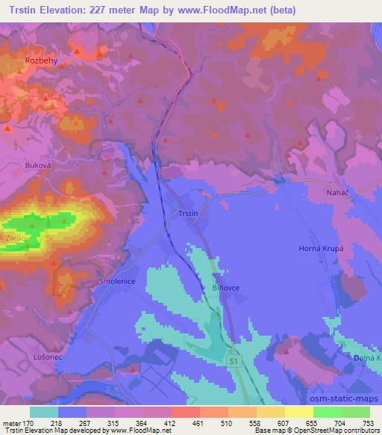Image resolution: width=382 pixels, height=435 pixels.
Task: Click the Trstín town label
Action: pos(188,214)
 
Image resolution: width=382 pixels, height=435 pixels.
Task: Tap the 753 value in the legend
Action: pos(369,422)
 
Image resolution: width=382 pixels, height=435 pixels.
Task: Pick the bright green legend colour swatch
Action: pos(328,412)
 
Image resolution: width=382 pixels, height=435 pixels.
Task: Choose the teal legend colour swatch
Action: pos(44,412)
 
